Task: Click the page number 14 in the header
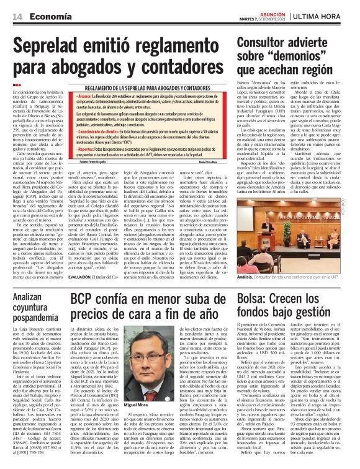click(x=17, y=17)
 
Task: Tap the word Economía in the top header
click(x=47, y=17)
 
